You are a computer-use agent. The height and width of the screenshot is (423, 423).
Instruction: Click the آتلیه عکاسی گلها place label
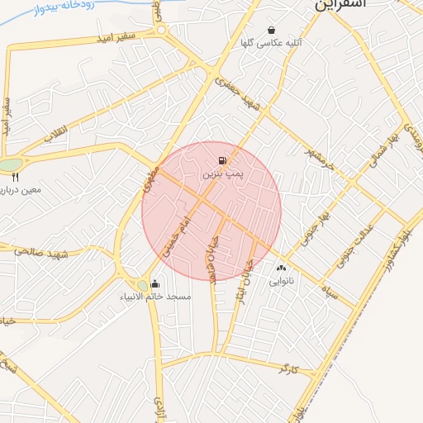click(269, 42)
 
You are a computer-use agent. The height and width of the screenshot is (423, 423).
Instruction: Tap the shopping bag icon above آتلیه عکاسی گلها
click(271, 31)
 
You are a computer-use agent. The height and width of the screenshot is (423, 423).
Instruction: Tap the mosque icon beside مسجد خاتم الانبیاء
click(154, 285)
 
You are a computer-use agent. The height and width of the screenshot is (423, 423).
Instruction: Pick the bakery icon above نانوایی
click(281, 268)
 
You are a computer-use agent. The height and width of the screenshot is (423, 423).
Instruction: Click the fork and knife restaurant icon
click(15, 177)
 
